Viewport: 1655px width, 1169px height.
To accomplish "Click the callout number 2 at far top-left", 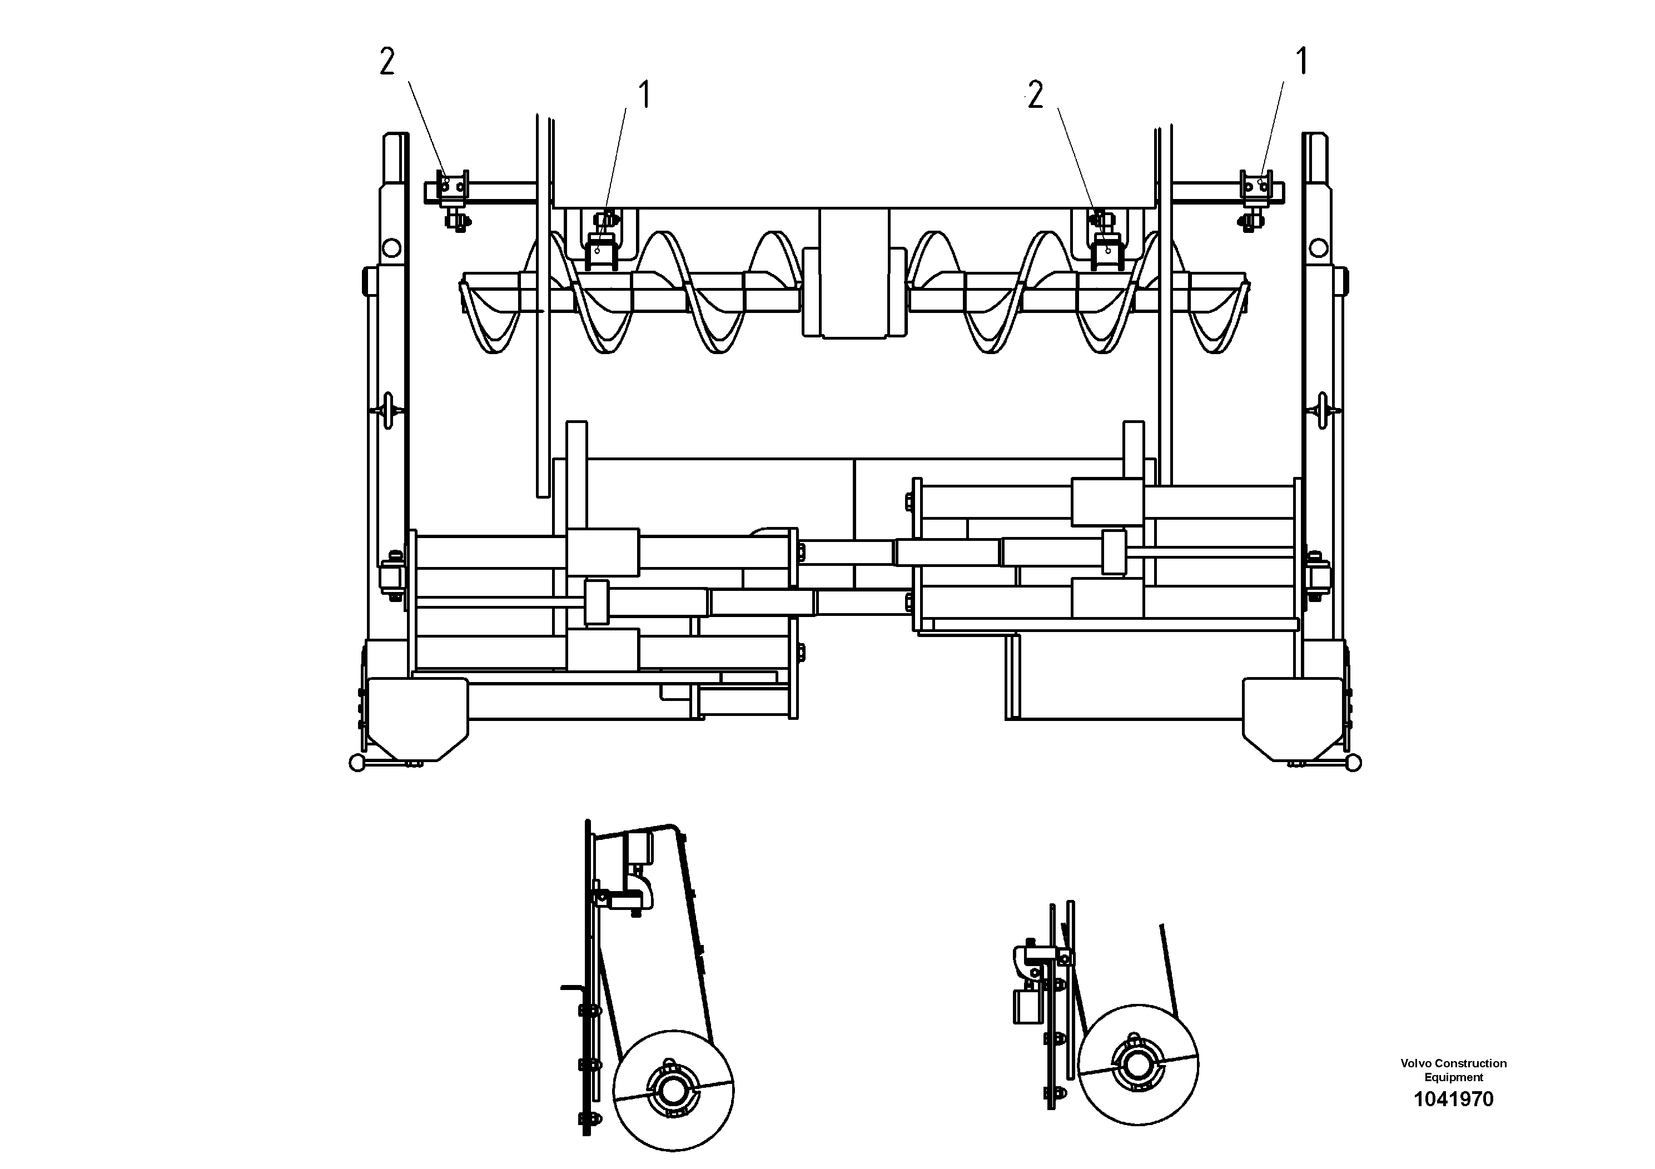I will (387, 63).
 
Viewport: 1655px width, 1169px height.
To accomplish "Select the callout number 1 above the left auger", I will (644, 95).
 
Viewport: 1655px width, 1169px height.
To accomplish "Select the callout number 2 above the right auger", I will (1035, 95).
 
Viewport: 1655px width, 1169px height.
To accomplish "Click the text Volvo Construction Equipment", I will (1453, 1069).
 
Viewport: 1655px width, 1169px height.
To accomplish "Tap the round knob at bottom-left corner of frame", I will (357, 763).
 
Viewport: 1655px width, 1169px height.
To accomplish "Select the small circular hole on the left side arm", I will (391, 248).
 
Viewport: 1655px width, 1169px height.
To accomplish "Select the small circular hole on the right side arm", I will (1318, 248).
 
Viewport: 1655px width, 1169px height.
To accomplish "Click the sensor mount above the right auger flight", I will (1106, 248).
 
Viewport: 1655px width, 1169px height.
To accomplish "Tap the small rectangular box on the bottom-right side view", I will (1027, 1006).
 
